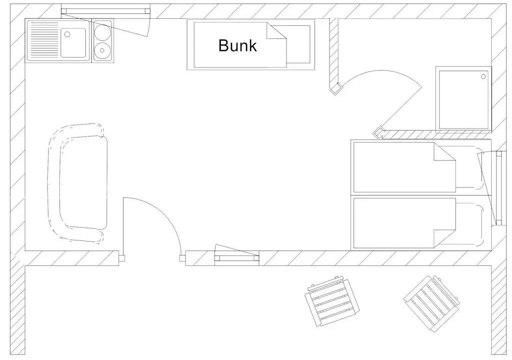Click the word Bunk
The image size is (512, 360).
point(237,45)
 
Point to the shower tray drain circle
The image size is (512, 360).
point(483,76)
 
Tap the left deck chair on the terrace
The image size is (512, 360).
point(332,301)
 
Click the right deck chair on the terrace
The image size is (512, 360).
point(431,301)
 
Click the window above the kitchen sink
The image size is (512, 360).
point(105,11)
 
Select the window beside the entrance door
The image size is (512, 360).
point(237,258)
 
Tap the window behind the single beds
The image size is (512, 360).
point(497,187)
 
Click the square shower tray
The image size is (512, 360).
point(463,98)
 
